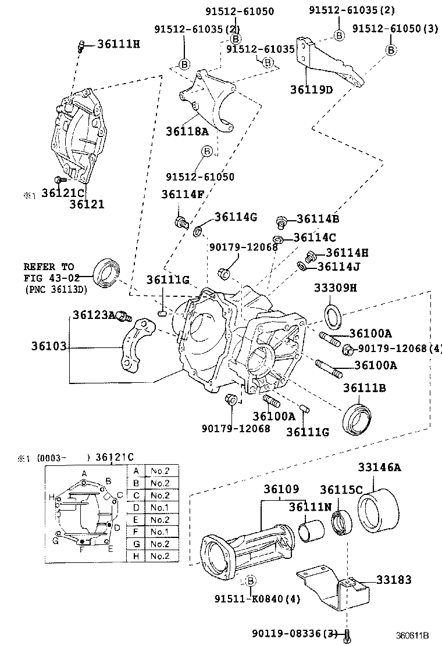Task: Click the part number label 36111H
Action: (x=119, y=44)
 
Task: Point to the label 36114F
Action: (x=183, y=195)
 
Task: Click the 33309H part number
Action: (x=336, y=288)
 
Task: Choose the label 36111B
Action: (x=365, y=387)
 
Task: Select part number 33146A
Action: (x=379, y=467)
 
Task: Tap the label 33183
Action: (x=394, y=580)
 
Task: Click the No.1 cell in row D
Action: (x=160, y=507)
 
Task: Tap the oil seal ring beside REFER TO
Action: (x=108, y=271)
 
